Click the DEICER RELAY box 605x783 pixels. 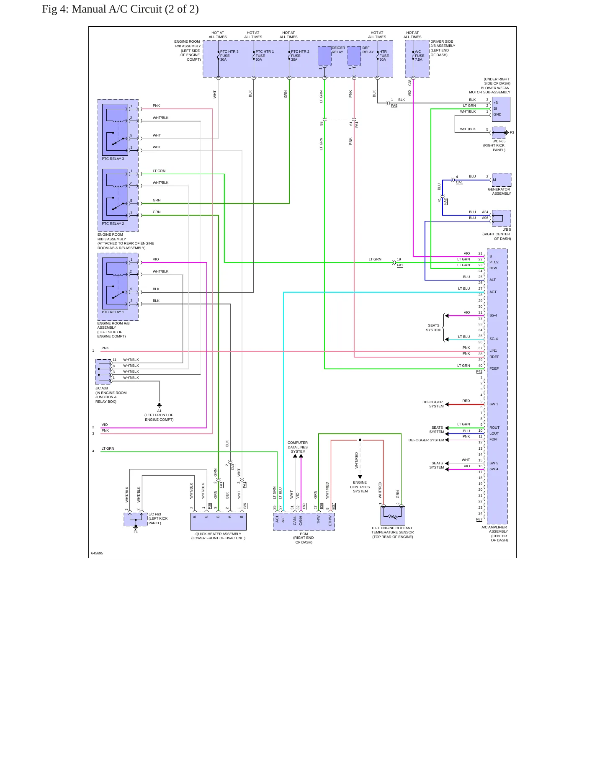[x=324, y=56]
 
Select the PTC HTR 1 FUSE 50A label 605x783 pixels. [x=265, y=56]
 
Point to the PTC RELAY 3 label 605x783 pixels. [x=113, y=159]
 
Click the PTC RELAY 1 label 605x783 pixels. [x=113, y=312]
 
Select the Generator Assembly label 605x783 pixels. [x=499, y=191]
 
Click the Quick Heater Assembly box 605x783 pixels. [x=218, y=522]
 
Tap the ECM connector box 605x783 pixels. [x=304, y=522]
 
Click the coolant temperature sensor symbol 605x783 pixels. [x=392, y=515]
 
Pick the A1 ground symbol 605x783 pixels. [x=159, y=405]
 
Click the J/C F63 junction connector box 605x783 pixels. [x=136, y=520]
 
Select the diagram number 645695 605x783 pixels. [x=97, y=553]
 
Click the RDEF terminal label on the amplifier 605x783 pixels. [x=494, y=357]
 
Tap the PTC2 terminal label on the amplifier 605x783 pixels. [x=494, y=262]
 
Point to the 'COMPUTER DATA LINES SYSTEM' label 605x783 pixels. [x=298, y=447]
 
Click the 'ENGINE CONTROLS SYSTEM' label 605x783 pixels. [x=360, y=487]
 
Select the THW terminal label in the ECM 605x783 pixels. [x=318, y=520]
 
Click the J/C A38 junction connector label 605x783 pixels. [x=101, y=388]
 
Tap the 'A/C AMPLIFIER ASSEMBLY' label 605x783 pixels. [x=494, y=529]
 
